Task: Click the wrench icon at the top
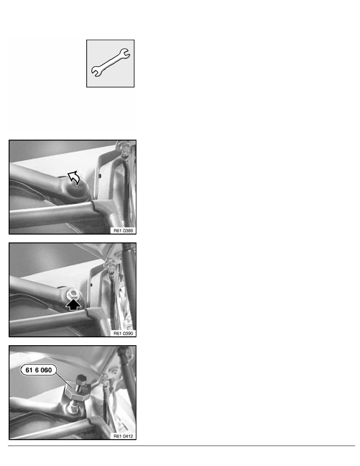(111, 63)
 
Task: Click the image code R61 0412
(123, 435)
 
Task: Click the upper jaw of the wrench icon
(126, 53)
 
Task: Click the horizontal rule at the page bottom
(180, 446)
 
